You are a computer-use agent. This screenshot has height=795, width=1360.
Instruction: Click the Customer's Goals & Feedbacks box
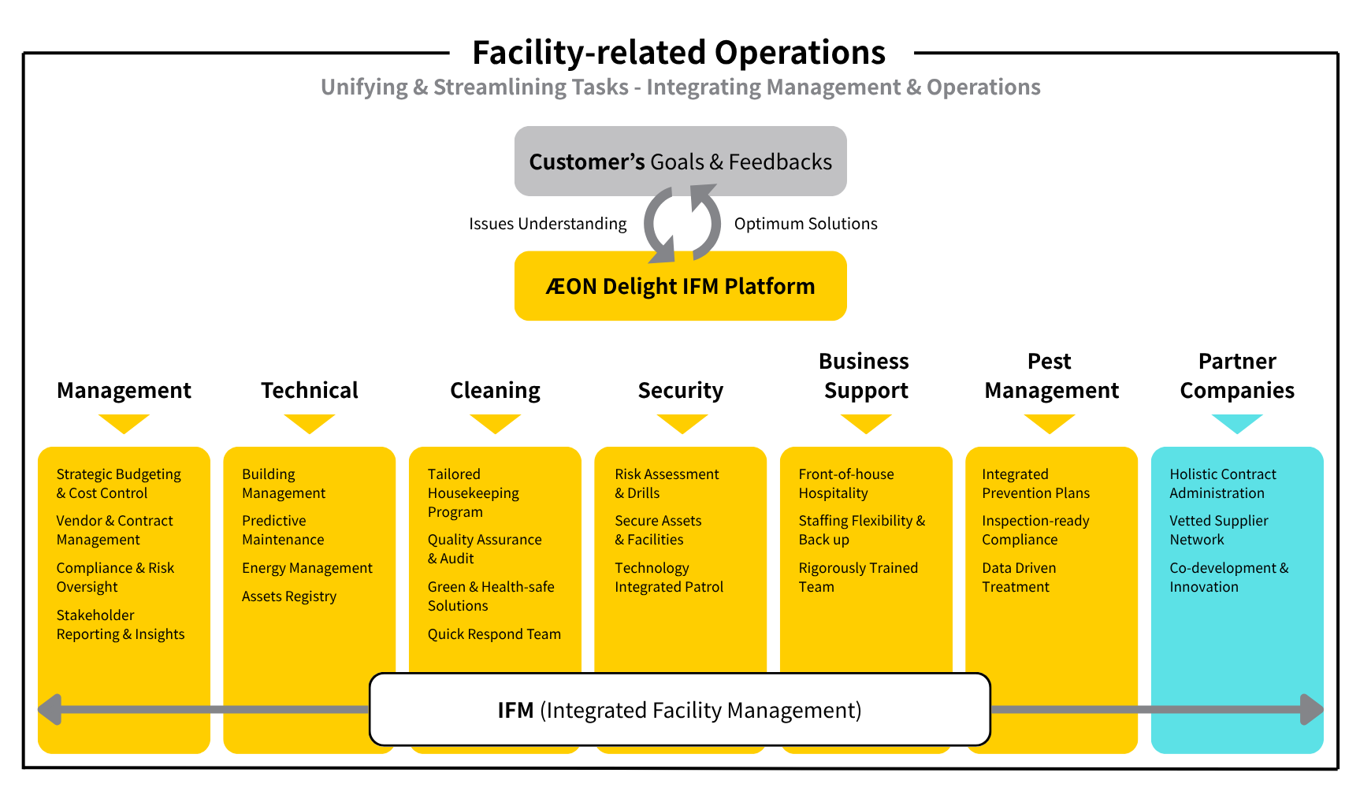click(x=680, y=162)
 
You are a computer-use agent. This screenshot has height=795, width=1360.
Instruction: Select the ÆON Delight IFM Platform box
click(x=680, y=286)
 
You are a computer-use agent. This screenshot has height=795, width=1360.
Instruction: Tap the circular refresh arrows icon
click(x=682, y=224)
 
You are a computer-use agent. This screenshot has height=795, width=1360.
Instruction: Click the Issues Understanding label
click(x=548, y=224)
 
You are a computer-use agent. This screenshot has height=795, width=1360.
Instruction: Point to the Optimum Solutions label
click(x=805, y=224)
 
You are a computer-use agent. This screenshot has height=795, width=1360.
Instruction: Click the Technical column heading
click(x=309, y=390)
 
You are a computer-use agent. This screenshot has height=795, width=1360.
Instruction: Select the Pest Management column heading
click(x=1051, y=376)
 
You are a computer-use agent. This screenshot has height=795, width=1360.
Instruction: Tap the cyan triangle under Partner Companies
click(x=1236, y=423)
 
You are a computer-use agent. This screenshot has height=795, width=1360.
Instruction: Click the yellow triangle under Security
click(x=682, y=423)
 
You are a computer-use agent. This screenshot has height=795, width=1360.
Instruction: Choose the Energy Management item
click(x=307, y=568)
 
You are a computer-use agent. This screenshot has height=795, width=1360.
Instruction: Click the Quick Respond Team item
click(x=494, y=634)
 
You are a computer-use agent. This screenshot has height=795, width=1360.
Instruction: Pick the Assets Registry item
click(x=288, y=596)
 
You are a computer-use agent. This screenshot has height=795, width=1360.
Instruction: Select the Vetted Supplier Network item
click(x=1218, y=530)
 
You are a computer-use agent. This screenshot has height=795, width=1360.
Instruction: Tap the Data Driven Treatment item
click(x=1018, y=578)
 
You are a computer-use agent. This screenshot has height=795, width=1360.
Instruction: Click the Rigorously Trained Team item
click(x=857, y=578)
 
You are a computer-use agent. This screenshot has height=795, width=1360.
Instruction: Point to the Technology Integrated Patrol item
click(x=668, y=578)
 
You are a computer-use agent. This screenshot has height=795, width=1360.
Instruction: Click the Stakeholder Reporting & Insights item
click(x=120, y=625)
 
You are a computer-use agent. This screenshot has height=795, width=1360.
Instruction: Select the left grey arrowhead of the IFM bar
click(x=50, y=709)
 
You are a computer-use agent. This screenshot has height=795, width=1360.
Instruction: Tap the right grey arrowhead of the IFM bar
click(x=1311, y=709)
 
